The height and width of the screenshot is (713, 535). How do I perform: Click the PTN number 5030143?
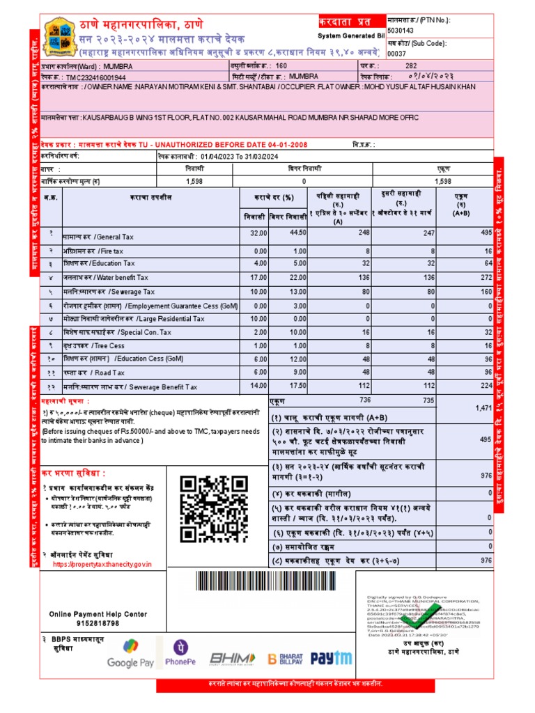click(401, 31)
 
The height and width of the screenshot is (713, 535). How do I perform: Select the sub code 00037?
click(396, 53)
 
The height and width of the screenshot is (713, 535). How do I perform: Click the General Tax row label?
click(98, 237)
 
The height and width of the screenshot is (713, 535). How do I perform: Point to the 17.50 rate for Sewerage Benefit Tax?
click(297, 385)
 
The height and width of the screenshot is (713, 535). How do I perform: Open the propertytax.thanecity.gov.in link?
click(102, 564)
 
